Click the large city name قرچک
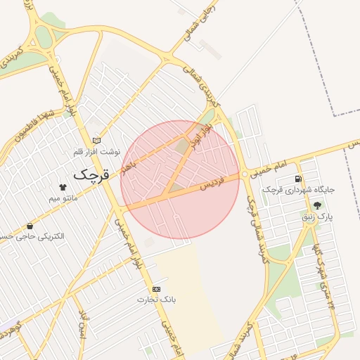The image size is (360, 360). coord(92,173)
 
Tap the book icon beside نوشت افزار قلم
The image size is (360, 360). coord(96,140)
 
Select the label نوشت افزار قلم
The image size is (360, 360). coord(97,151)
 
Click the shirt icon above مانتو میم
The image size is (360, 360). coord(63,187)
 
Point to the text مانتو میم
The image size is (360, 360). coord(64,198)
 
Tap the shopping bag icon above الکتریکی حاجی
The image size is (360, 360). coord(30,226)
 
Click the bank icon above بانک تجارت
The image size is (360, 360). coord(155,289)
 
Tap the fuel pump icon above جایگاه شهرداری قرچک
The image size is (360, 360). coord(299,179)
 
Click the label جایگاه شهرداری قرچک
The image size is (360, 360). coord(299,190)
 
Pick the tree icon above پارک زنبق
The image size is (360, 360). coord(318,205)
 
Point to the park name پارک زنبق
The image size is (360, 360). coord(317,217)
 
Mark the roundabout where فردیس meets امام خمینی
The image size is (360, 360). coord(244,174)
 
